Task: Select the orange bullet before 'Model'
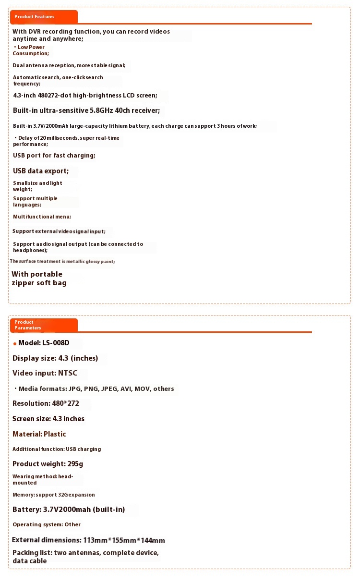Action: (x=15, y=344)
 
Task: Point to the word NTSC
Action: (x=68, y=373)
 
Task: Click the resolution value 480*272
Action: (x=66, y=403)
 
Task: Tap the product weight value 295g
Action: (x=75, y=464)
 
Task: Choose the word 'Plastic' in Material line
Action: (x=55, y=434)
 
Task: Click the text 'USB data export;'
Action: (x=41, y=171)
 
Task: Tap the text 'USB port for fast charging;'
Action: (x=54, y=156)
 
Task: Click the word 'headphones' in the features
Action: (x=29, y=250)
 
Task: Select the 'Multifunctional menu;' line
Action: (x=42, y=217)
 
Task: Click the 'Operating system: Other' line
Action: (x=47, y=524)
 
